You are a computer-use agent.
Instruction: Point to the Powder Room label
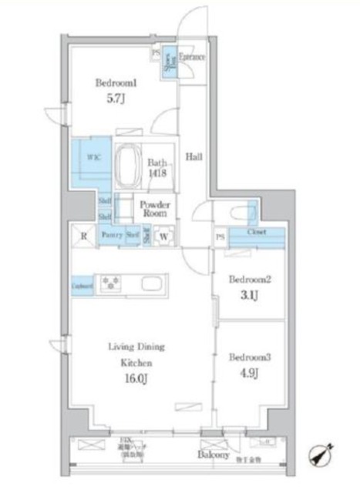pyautogui.click(x=154, y=210)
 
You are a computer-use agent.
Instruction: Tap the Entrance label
pyautogui.click(x=191, y=57)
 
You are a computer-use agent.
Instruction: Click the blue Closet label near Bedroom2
pyautogui.click(x=257, y=232)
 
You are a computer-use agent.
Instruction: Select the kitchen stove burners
pyautogui.click(x=109, y=283)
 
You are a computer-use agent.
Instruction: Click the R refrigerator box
pyautogui.click(x=83, y=236)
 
